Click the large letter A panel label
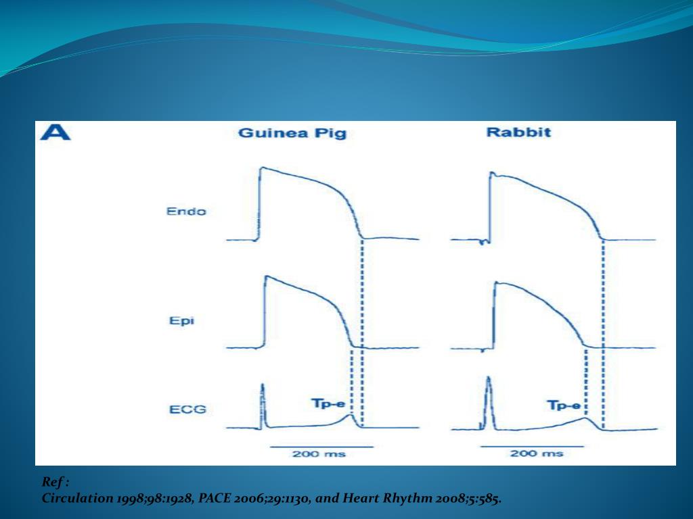pyautogui.click(x=55, y=132)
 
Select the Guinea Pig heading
pyautogui.click(x=292, y=133)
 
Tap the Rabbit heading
pyautogui.click(x=518, y=132)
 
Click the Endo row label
pyautogui.click(x=186, y=212)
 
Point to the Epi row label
pyautogui.click(x=181, y=320)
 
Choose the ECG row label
pyautogui.click(x=186, y=409)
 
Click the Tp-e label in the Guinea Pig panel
pyautogui.click(x=328, y=404)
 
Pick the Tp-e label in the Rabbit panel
pyautogui.click(x=563, y=405)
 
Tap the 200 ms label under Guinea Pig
pyautogui.click(x=319, y=453)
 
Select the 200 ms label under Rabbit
pyautogui.click(x=537, y=453)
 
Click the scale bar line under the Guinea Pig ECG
pyautogui.click(x=321, y=446)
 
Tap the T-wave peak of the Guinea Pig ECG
pyautogui.click(x=349, y=416)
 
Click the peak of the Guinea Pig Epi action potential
pyautogui.click(x=266, y=276)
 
